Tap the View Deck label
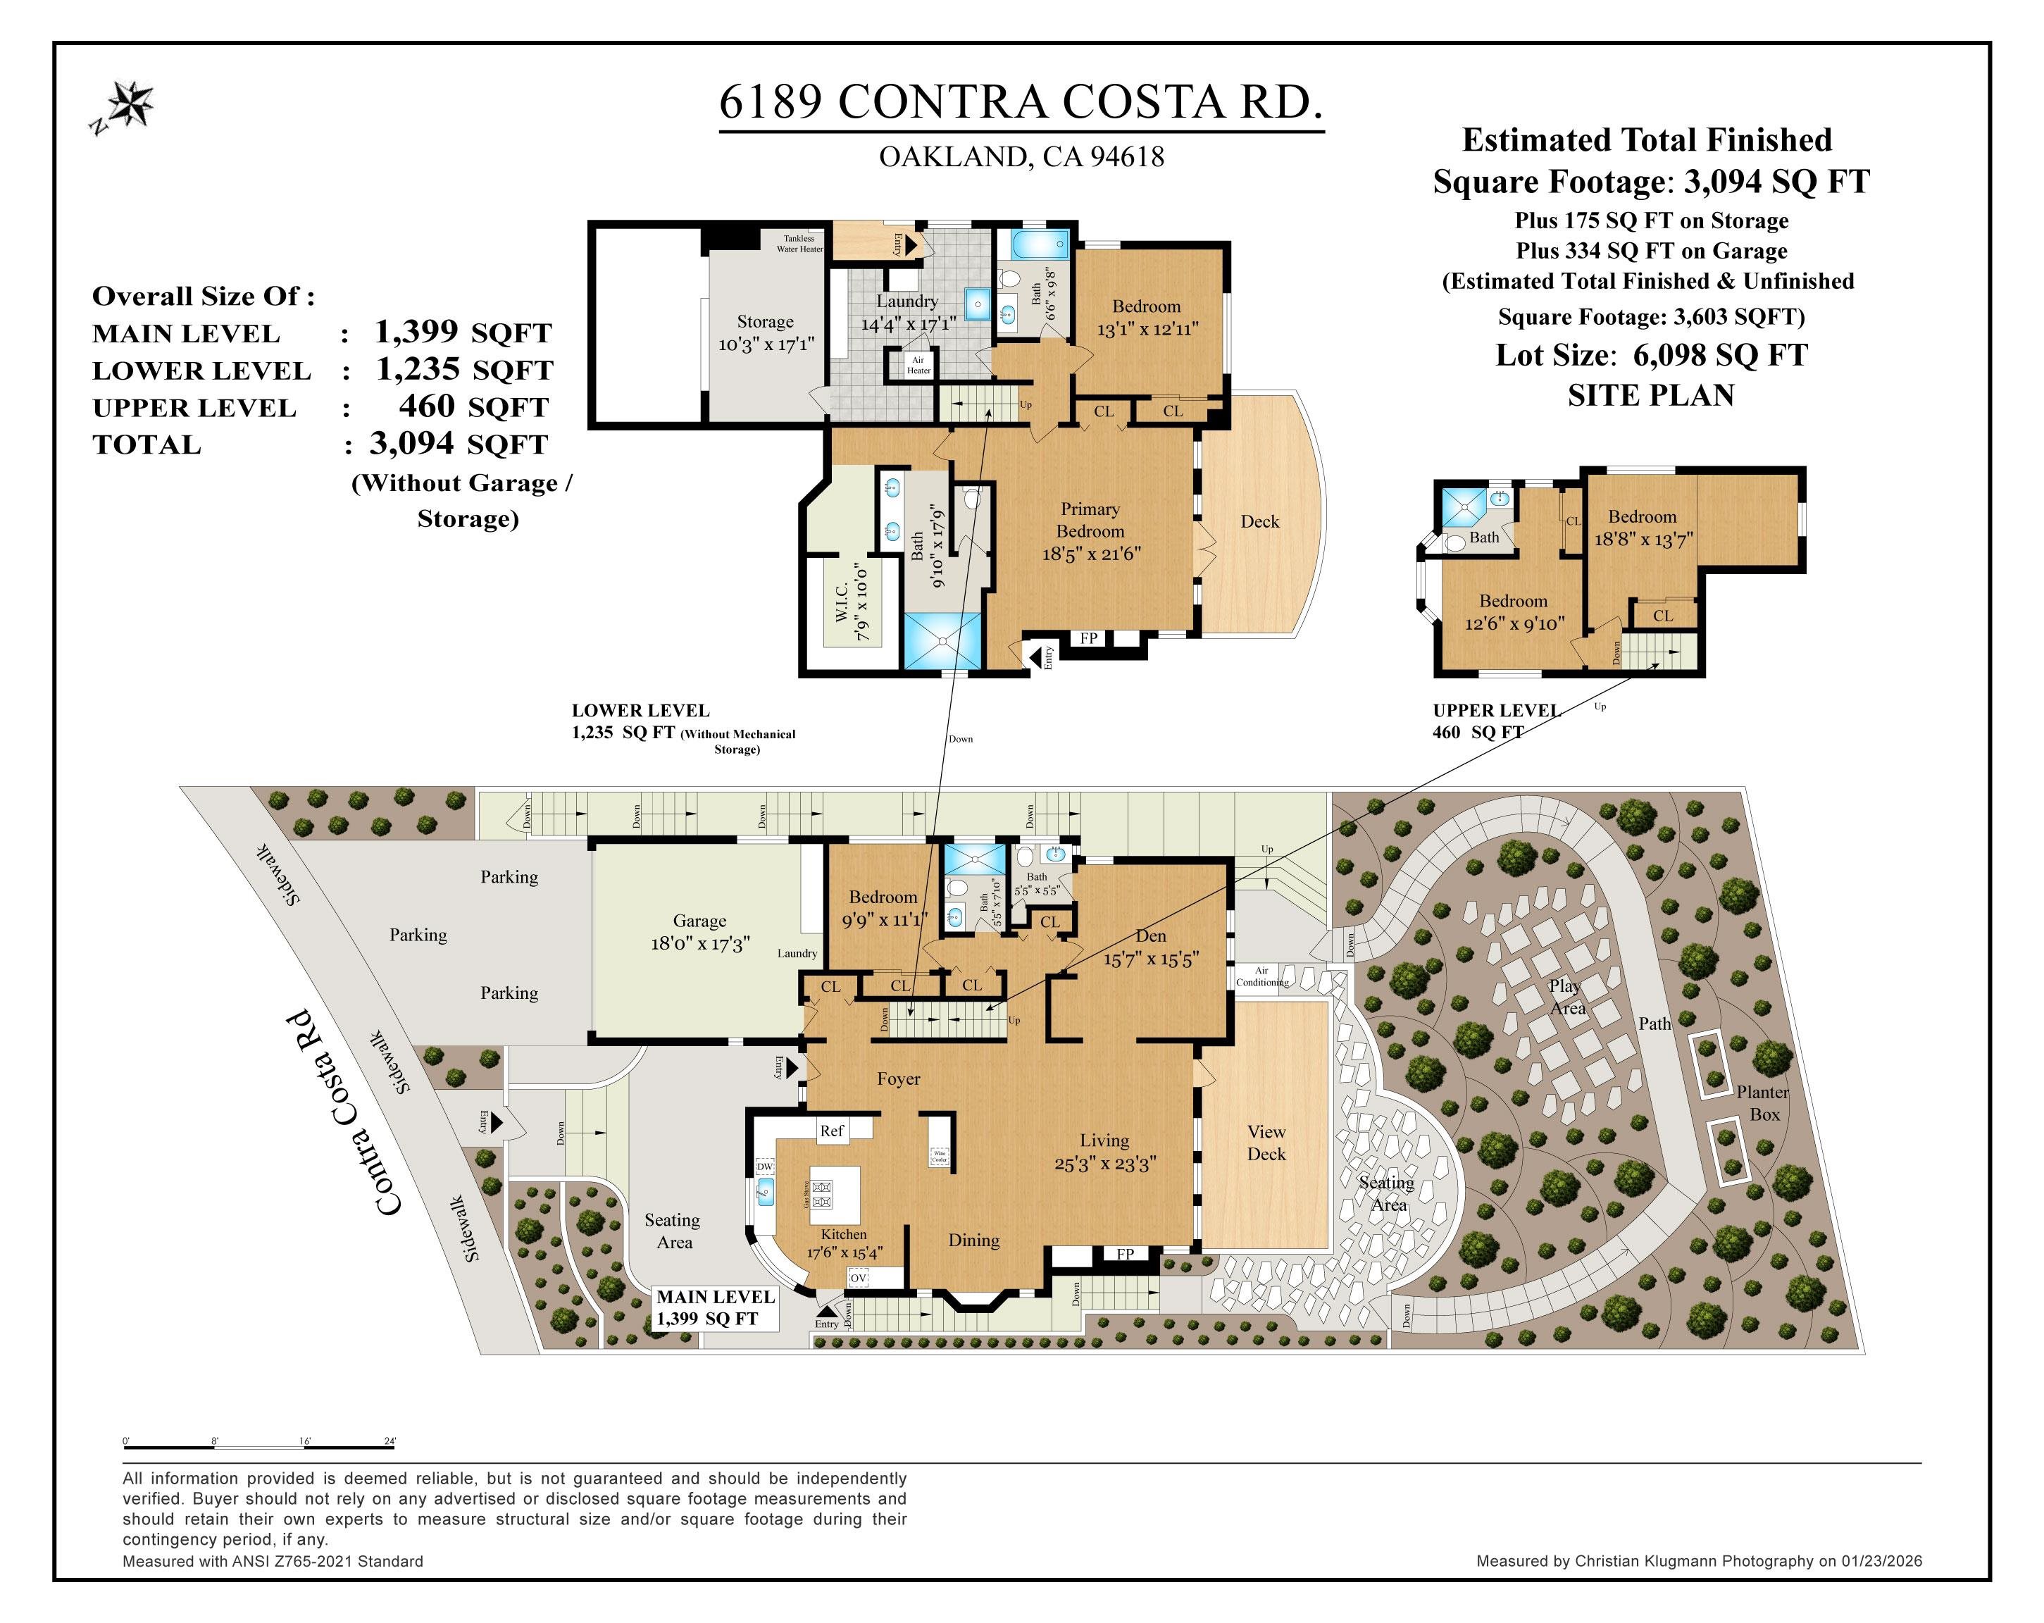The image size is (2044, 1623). point(1266,1143)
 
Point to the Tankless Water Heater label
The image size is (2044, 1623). point(799,244)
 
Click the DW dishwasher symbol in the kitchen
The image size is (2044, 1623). point(765,1166)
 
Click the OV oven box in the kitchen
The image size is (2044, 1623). point(858,1278)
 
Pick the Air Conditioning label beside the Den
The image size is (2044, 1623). point(1262,976)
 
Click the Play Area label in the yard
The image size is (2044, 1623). point(1566,996)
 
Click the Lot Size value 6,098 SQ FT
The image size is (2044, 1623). point(1720,356)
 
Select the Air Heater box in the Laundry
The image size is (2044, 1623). point(918,365)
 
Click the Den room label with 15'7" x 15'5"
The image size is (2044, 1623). point(1151,947)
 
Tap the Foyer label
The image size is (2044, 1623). point(898,1079)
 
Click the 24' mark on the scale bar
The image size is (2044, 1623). point(390,1441)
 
